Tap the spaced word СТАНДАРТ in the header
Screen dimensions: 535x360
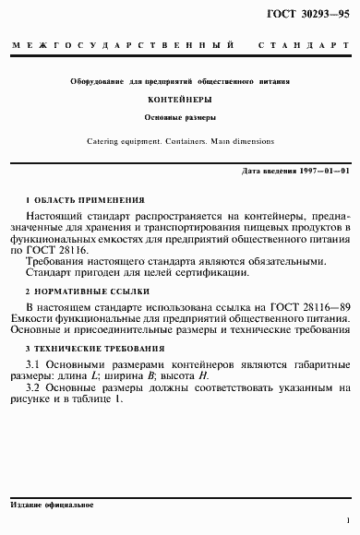pyautogui.click(x=299, y=45)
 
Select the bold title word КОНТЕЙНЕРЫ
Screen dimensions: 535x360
pyautogui.click(x=180, y=98)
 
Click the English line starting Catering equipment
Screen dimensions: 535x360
pyautogui.click(x=180, y=141)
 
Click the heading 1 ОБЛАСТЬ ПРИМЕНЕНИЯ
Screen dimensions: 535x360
pyautogui.click(x=86, y=198)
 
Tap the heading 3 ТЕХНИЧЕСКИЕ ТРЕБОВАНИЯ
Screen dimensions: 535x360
pyautogui.click(x=96, y=350)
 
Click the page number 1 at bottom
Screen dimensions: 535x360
pyautogui.click(x=346, y=520)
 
